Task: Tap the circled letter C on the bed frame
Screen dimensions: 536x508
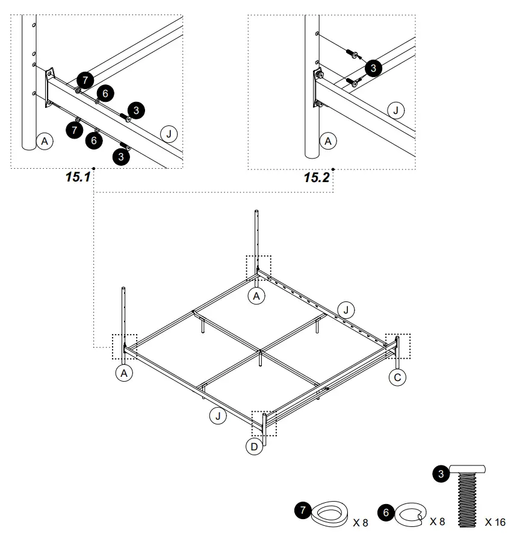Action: click(397, 377)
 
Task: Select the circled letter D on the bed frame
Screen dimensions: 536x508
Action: click(255, 447)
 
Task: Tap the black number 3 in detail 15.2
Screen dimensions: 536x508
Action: click(373, 69)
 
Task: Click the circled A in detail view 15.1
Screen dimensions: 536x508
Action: click(44, 141)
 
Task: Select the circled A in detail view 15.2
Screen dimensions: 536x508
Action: click(328, 141)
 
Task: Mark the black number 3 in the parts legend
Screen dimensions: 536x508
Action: click(441, 475)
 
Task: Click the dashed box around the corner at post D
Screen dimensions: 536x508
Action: click(264, 423)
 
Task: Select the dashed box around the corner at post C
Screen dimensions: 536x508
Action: click(397, 345)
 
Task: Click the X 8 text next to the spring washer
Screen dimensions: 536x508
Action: click(445, 521)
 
